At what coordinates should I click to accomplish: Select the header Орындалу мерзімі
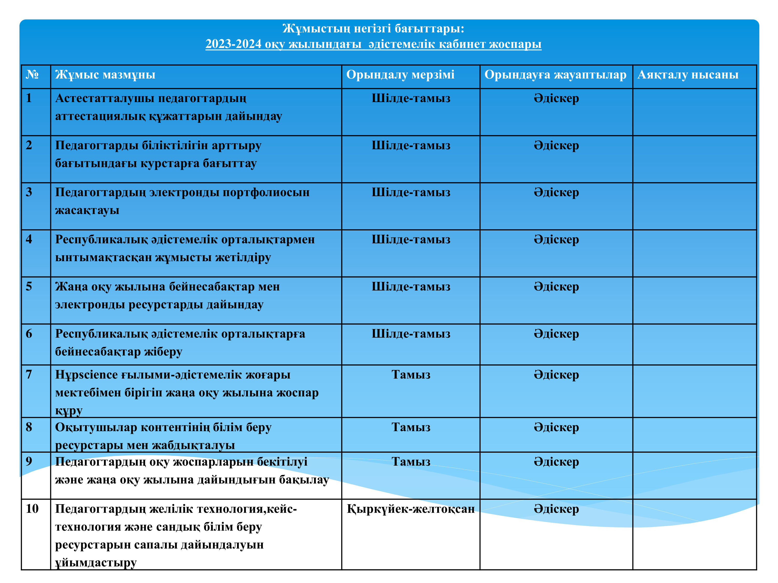point(400,75)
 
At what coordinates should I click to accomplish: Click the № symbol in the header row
point(32,75)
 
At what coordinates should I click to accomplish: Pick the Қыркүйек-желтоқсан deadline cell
point(411,509)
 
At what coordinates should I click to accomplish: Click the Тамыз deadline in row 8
point(411,427)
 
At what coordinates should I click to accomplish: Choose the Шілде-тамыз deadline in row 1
point(411,98)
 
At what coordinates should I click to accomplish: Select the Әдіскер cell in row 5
point(556,287)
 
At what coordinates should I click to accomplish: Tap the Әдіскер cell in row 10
point(556,509)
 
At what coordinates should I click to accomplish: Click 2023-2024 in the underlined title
point(233,44)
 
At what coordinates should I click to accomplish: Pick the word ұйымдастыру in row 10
point(96,562)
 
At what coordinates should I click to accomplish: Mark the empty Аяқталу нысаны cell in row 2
point(694,159)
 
